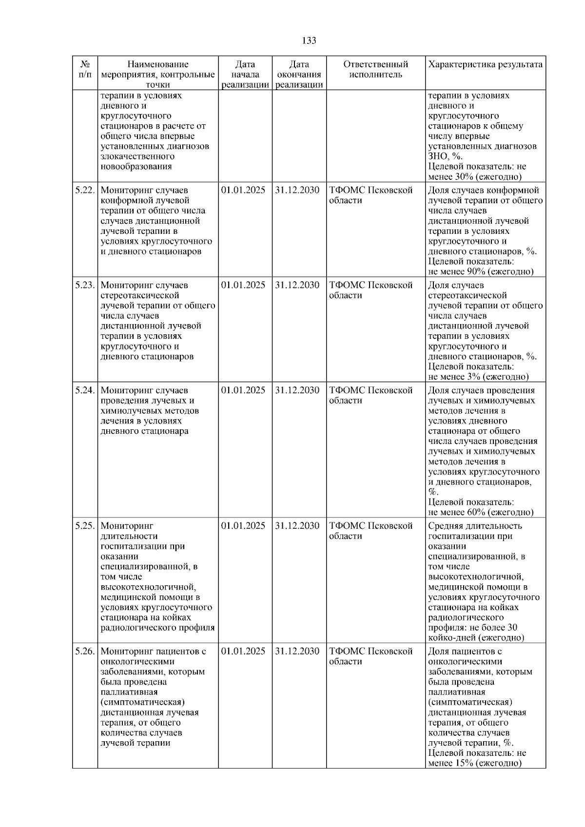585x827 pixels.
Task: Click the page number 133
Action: (309, 40)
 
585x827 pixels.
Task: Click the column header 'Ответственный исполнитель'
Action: (375, 69)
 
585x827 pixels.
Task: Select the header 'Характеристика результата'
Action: (485, 64)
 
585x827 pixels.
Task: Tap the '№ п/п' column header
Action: (85, 69)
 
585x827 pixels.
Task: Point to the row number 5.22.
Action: (85, 190)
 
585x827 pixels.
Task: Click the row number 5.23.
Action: (85, 285)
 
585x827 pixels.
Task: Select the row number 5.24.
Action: (85, 390)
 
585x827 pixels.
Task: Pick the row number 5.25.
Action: (85, 526)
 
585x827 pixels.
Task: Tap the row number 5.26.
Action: (85, 651)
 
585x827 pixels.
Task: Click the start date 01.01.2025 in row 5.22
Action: (243, 190)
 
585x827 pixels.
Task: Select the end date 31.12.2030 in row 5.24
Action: (297, 390)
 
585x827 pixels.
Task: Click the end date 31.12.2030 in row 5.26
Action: (297, 651)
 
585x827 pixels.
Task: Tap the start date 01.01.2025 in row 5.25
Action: (243, 526)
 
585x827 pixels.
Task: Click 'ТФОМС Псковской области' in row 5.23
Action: (371, 290)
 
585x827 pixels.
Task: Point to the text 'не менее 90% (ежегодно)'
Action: (481, 272)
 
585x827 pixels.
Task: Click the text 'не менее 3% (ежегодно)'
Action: (478, 377)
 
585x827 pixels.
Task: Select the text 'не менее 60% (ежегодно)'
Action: (481, 512)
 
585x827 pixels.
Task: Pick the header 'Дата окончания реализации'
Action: (299, 75)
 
